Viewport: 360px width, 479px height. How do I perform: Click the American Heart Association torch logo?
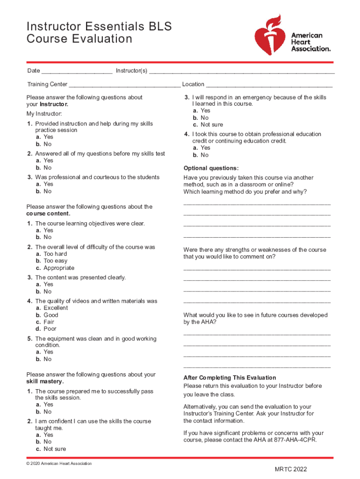[x=268, y=35]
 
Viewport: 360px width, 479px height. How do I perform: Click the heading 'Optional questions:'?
[x=211, y=168]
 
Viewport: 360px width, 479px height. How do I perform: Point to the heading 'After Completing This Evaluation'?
[x=230, y=377]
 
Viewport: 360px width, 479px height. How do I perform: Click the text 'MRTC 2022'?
[x=291, y=470]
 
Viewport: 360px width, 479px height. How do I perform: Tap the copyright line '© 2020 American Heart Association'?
[x=59, y=464]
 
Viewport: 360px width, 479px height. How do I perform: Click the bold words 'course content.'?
[x=49, y=213]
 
